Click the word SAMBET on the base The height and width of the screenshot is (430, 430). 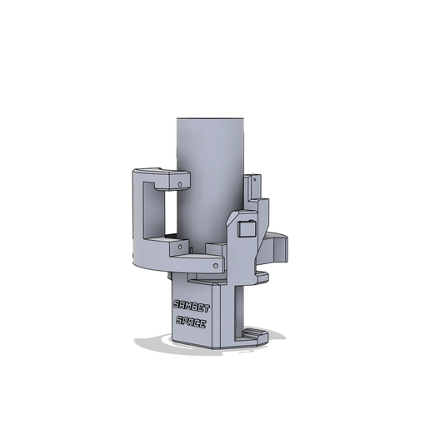coord(192,306)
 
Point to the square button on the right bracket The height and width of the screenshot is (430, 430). coord(246,228)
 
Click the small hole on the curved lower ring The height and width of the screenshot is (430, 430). coord(219,265)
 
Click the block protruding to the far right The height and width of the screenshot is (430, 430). coord(278,247)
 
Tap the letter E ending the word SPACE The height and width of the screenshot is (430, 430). coord(206,323)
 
